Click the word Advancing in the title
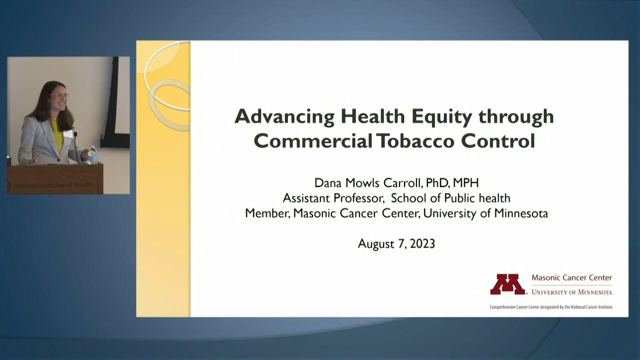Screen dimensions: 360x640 tap(285, 117)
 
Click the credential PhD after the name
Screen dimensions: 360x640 tap(436, 182)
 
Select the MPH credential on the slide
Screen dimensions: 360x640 tap(465, 182)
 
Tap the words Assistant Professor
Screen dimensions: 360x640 tap(333, 198)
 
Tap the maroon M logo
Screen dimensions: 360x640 tap(507, 284)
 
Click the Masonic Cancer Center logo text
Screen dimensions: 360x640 tap(571, 278)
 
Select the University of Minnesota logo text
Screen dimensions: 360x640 tap(571, 292)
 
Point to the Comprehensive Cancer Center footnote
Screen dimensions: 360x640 tap(551, 307)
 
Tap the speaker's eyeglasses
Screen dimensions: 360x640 tap(58, 95)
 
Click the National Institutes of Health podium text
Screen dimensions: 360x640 tap(53, 185)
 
